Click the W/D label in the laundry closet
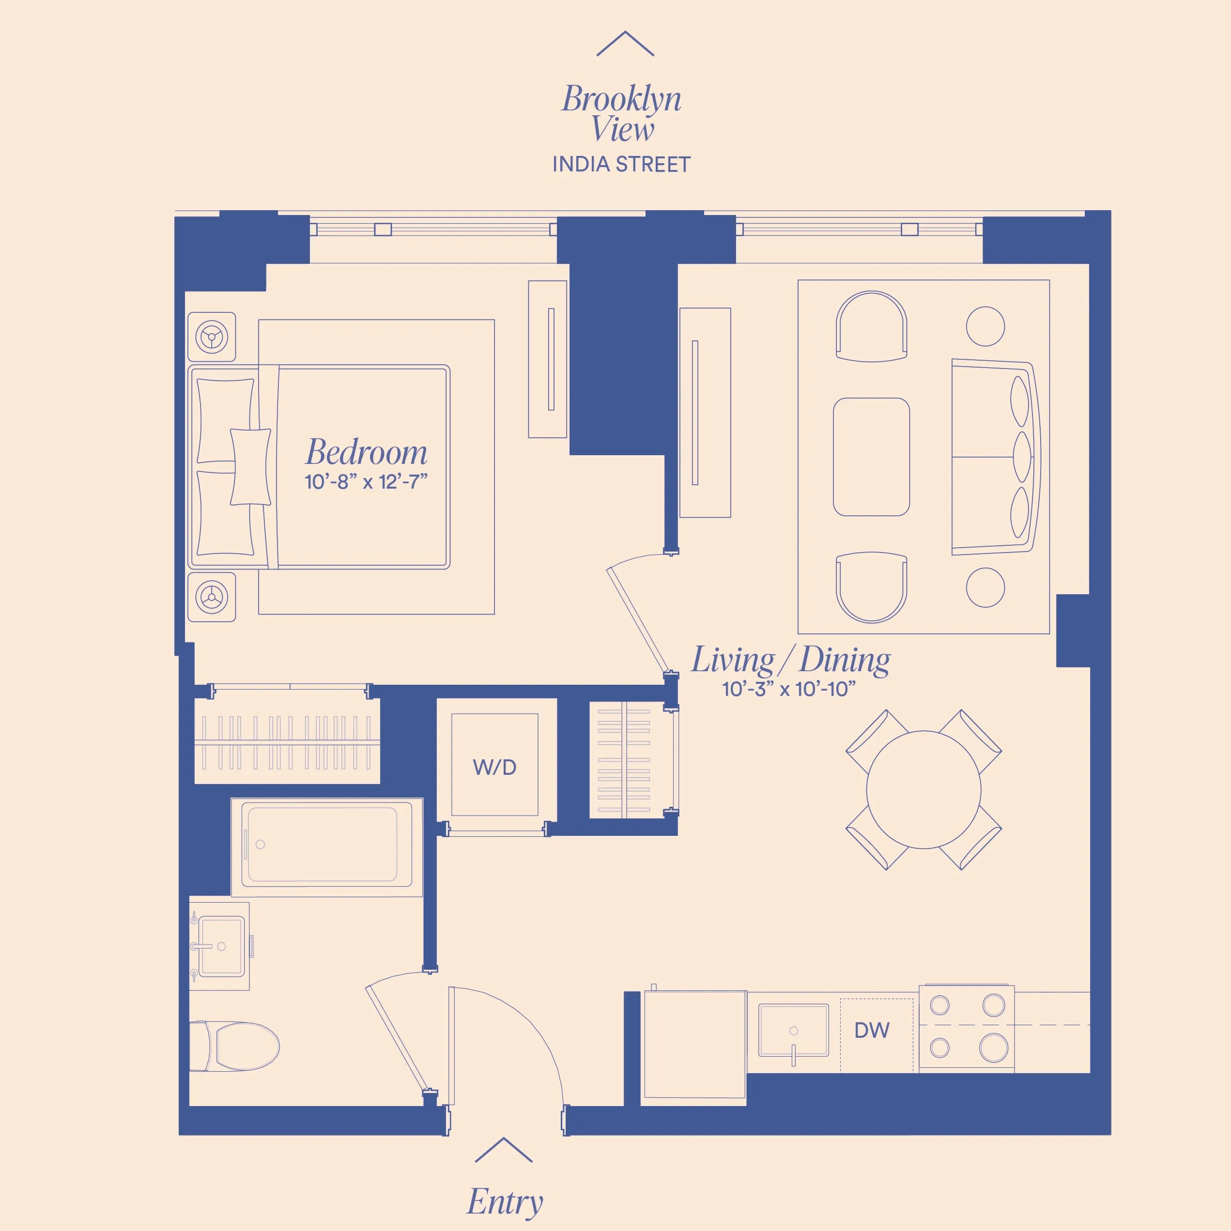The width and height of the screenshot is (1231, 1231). (x=494, y=767)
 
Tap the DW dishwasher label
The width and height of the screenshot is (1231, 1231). (x=872, y=1031)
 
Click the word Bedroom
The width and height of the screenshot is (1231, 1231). (x=367, y=452)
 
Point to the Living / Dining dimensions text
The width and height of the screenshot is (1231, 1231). (x=789, y=689)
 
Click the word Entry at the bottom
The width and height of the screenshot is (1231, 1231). (x=505, y=1201)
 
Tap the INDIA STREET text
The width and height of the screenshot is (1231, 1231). (x=621, y=164)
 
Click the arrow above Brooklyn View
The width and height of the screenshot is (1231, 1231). (x=625, y=43)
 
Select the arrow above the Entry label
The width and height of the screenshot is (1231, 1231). (x=503, y=1150)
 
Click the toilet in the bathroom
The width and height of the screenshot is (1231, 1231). (x=242, y=1046)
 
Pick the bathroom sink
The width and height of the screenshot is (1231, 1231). (x=220, y=946)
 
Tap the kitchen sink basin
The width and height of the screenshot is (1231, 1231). (x=793, y=1031)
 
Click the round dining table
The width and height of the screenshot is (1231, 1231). (x=923, y=790)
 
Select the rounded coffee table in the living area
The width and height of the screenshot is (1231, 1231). (x=871, y=457)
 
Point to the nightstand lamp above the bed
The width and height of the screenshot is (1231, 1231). (x=212, y=337)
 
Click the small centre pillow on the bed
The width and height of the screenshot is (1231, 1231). (x=250, y=466)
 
